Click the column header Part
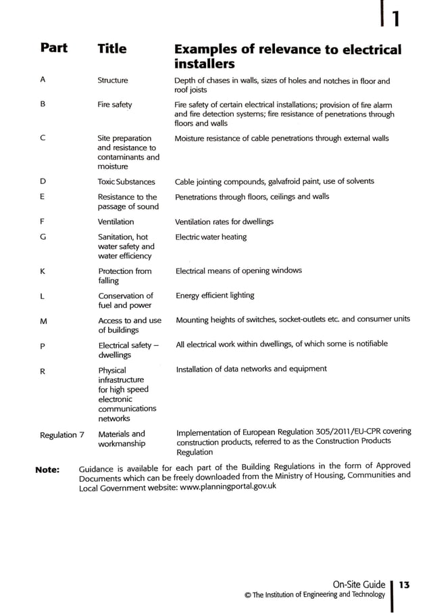pos(53,49)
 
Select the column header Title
pos(111,49)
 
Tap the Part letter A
pos(43,81)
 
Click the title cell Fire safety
pos(115,105)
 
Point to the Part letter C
pos(43,139)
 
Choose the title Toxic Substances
pos(126,182)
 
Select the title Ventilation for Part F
pos(116,222)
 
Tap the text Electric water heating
pos(211,237)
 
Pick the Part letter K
pos(43,271)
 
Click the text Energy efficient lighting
pos(215,296)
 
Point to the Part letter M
pos(43,321)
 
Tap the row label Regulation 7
pos(62,435)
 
